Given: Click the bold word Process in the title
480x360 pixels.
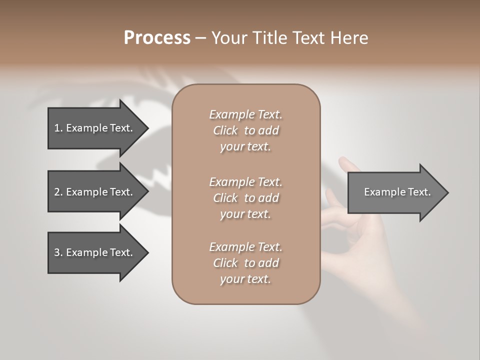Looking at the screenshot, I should click(x=157, y=38).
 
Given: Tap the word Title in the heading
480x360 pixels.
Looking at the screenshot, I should click(x=269, y=38).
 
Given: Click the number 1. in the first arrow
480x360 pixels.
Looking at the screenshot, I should click(x=58, y=128).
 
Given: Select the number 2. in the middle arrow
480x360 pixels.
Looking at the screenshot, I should click(x=58, y=192).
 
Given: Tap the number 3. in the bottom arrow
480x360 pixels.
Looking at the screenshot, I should click(x=58, y=252).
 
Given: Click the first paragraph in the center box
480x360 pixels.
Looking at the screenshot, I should click(x=245, y=130).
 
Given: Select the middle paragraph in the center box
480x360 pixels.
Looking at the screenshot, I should click(x=245, y=198).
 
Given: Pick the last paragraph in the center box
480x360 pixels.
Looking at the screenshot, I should click(x=245, y=263).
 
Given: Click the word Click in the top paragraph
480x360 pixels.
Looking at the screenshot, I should click(x=225, y=130).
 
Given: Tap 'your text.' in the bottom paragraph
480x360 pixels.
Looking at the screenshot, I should click(x=245, y=279).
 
